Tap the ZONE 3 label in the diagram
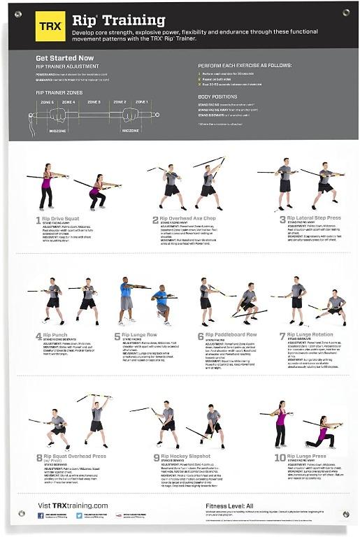point(94,102)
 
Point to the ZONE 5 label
point(47,102)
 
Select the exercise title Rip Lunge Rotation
point(313,336)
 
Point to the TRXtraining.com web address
point(73,505)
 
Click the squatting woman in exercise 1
point(98,192)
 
